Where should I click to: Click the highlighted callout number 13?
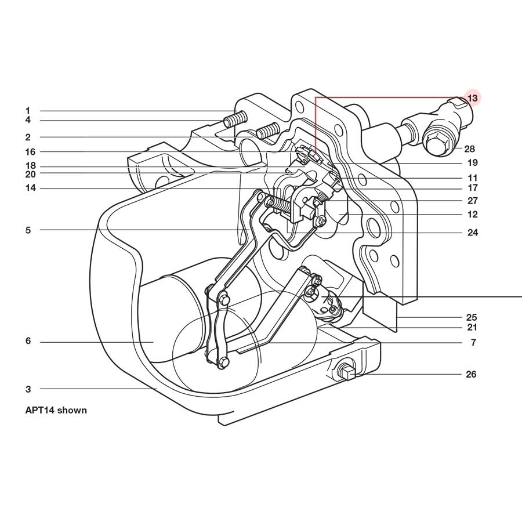click(472, 98)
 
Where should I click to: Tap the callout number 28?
click(469, 149)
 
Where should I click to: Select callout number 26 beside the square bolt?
click(471, 374)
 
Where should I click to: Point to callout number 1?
click(27, 110)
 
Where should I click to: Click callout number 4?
click(27, 120)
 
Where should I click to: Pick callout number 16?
click(30, 151)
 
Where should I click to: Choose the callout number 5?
click(27, 230)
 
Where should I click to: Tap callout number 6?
click(27, 341)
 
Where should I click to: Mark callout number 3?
click(27, 389)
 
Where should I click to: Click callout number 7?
click(473, 343)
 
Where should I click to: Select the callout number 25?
click(472, 317)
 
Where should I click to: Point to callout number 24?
click(472, 233)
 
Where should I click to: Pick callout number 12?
click(472, 214)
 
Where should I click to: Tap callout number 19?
click(472, 162)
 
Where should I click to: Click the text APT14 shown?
click(56, 410)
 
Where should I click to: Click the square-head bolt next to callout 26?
click(347, 372)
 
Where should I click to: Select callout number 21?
click(472, 328)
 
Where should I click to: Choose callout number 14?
click(30, 188)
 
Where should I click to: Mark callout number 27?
click(472, 201)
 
